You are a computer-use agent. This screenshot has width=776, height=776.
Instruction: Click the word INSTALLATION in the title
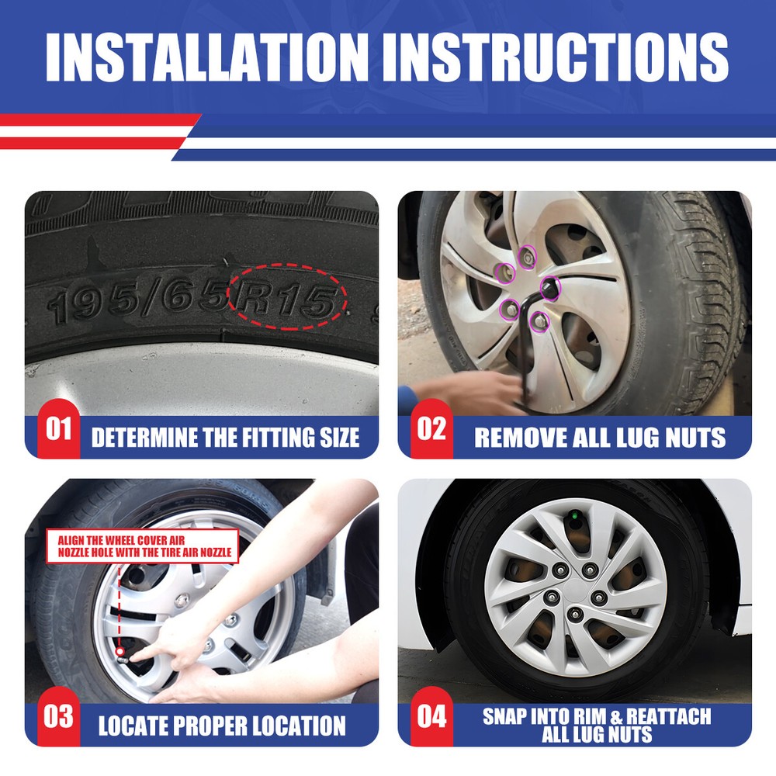click(207, 57)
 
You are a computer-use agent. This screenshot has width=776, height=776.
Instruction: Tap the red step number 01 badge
click(58, 428)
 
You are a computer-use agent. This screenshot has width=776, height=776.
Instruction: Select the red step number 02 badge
click(431, 428)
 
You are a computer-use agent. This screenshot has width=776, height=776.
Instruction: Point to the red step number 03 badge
click(58, 716)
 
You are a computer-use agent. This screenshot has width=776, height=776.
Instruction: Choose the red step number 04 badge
click(431, 716)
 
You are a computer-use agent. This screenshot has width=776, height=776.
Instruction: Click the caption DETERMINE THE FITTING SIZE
click(225, 438)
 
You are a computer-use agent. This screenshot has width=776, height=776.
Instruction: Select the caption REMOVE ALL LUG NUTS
click(600, 438)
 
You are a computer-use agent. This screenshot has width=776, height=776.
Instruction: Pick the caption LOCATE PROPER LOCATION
click(222, 726)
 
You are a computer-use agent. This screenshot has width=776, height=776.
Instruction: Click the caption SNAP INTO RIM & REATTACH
click(597, 716)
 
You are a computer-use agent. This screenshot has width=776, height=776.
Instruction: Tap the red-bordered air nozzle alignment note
click(143, 546)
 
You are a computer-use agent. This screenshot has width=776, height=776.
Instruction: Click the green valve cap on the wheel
click(575, 517)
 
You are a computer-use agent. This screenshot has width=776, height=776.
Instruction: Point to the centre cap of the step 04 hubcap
click(576, 590)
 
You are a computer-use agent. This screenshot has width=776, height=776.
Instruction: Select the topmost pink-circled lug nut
click(528, 258)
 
